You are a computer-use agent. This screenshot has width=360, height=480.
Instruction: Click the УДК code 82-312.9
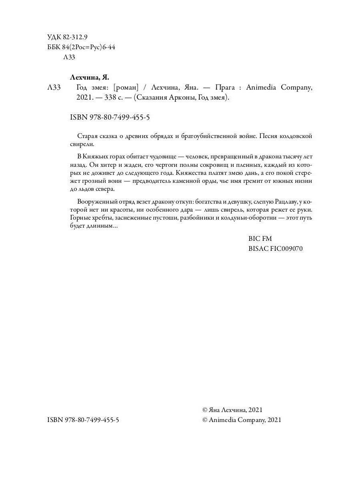(x=73, y=38)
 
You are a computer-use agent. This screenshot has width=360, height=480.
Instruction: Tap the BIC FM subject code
(x=260, y=238)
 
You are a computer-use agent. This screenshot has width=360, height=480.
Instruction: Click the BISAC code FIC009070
(x=276, y=248)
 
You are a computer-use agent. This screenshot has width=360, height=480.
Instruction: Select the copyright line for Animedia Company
(x=242, y=420)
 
